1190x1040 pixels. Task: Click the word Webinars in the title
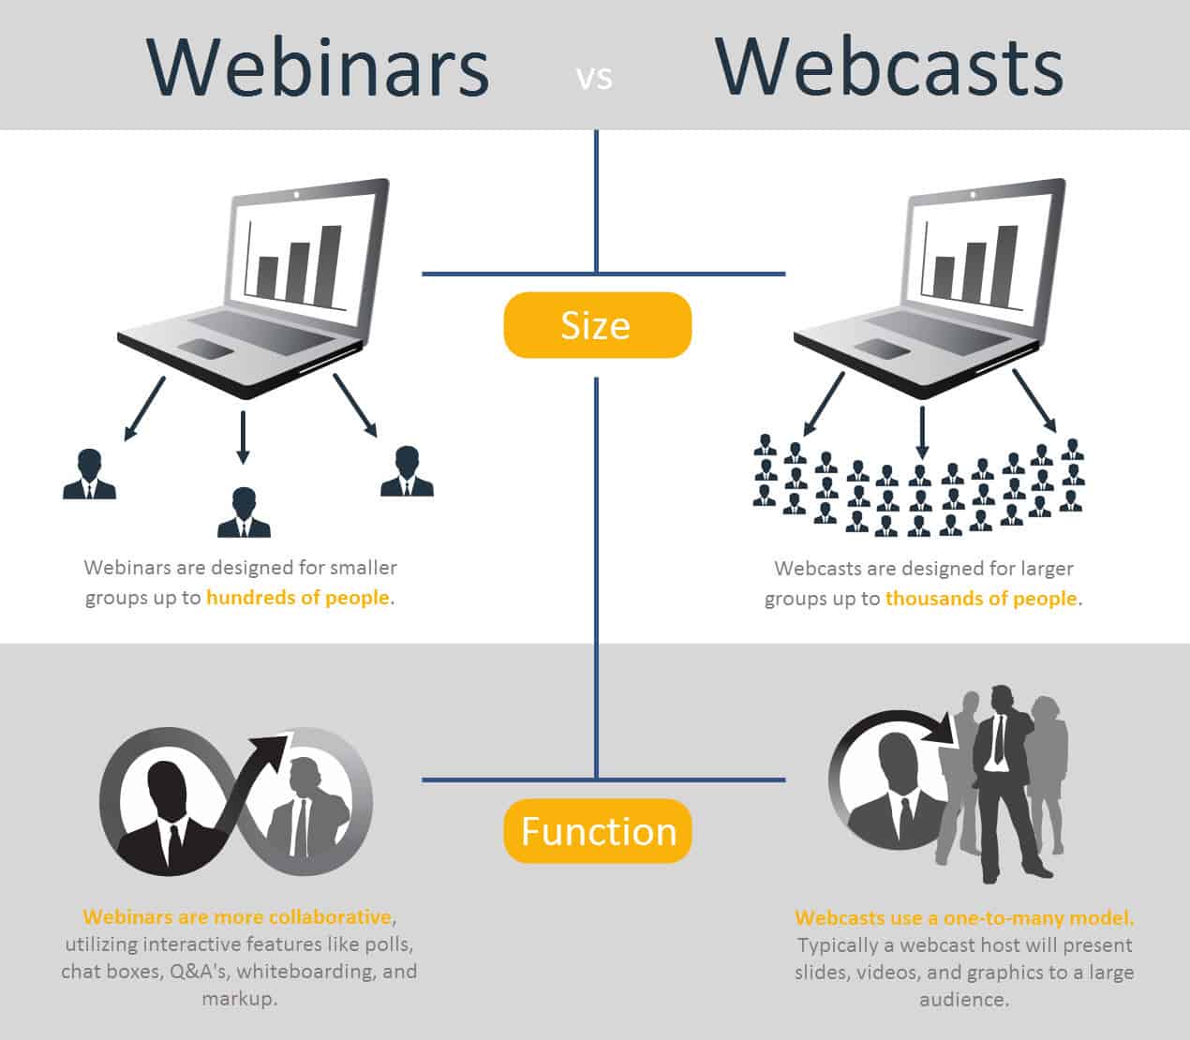(x=318, y=67)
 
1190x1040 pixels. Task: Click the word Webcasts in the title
(x=889, y=67)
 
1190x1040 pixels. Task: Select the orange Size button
(x=597, y=325)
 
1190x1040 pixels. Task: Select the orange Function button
(x=597, y=831)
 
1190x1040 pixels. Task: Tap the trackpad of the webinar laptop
(x=206, y=349)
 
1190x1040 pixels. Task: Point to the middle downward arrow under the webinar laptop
(x=243, y=437)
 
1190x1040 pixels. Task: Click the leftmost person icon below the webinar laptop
(x=89, y=474)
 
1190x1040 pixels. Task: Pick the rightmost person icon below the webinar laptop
(x=407, y=471)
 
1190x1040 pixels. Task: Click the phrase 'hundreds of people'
(x=297, y=598)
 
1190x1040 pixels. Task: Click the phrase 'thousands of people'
(x=980, y=599)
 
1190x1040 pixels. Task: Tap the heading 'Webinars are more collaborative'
(x=237, y=916)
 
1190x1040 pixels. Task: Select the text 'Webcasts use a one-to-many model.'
(x=964, y=918)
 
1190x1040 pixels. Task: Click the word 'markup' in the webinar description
(x=239, y=999)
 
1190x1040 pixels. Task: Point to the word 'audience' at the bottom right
(x=963, y=1000)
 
